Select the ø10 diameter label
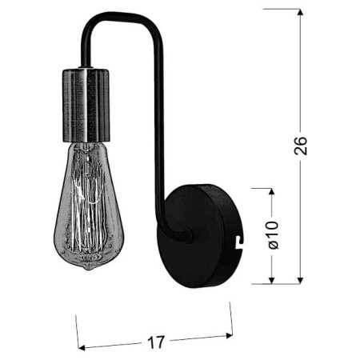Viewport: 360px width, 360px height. coord(272,236)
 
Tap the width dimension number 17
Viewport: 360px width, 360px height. coord(157,342)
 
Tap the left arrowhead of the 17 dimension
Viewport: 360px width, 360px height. coord(82,348)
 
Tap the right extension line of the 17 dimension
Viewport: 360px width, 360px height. coord(230,318)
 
